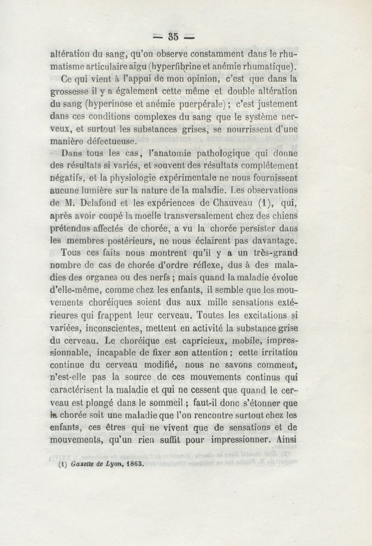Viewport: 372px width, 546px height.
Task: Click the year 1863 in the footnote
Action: click(134, 463)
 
